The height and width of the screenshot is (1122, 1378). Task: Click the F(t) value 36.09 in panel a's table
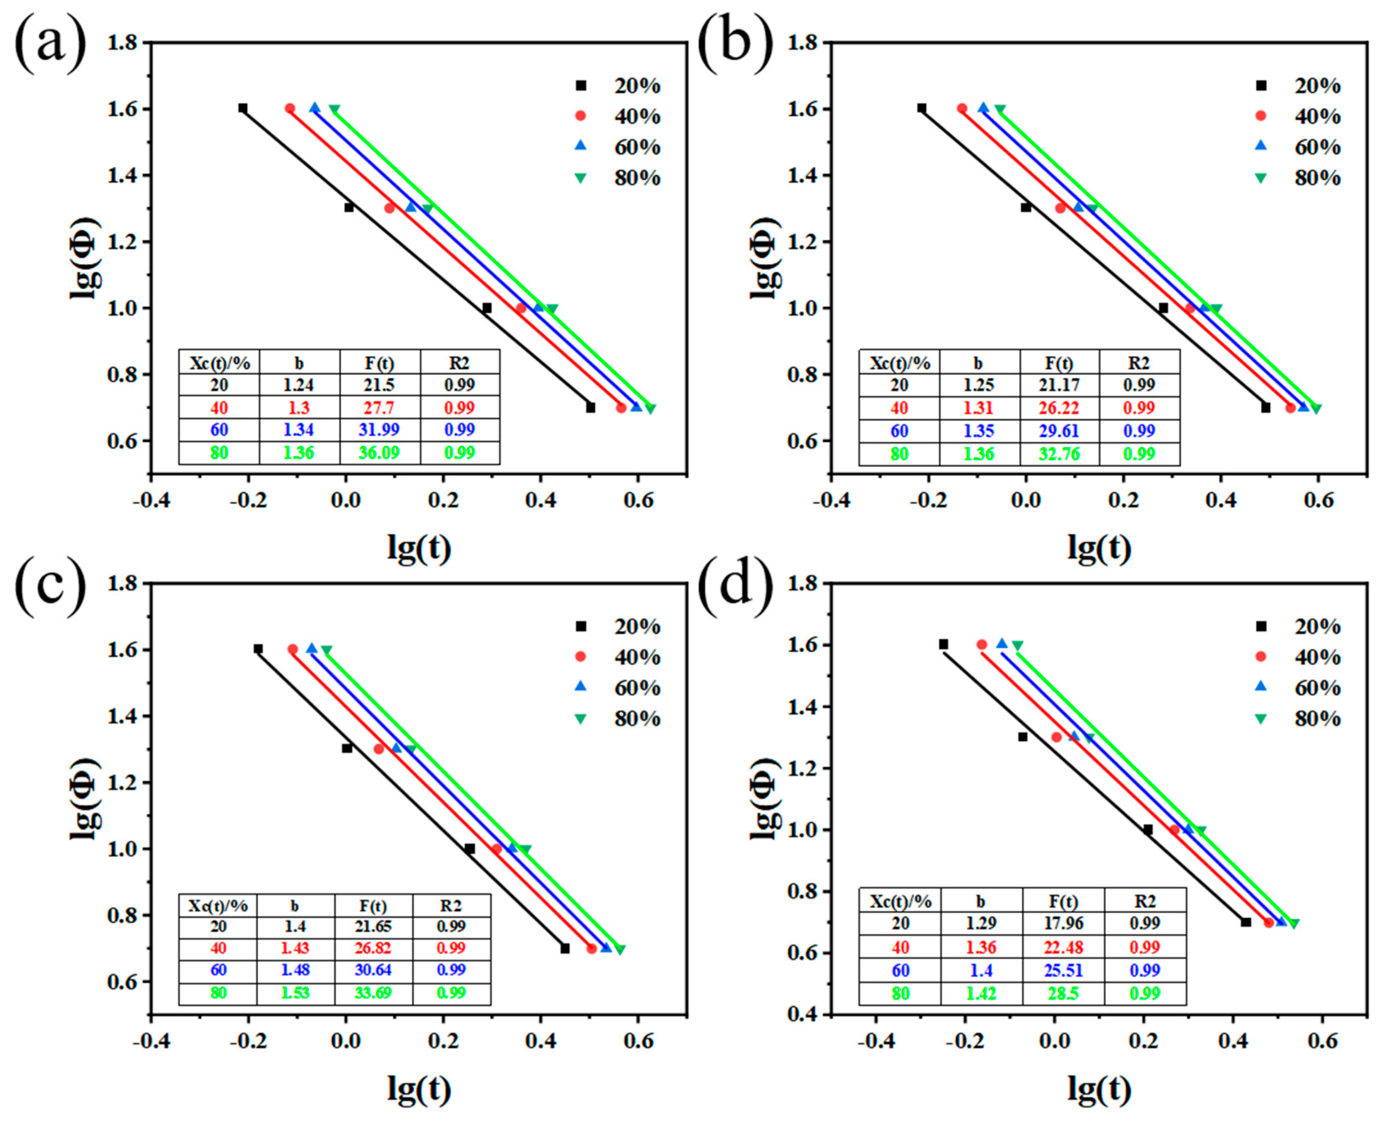[379, 452]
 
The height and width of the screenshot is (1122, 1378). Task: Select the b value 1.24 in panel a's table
[298, 385]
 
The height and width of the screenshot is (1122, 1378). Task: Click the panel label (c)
[50, 589]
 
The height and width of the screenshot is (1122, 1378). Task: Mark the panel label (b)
[735, 49]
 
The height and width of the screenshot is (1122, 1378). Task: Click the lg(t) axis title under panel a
[419, 547]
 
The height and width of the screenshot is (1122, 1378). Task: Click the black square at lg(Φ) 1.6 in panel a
[242, 108]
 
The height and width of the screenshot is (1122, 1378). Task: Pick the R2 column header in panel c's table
[451, 905]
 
